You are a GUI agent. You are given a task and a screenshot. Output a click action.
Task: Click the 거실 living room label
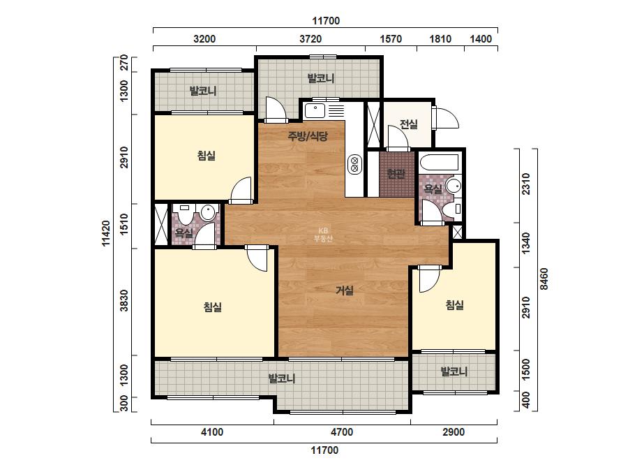click(x=345, y=290)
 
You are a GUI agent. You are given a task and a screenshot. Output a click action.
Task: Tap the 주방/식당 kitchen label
click(x=308, y=136)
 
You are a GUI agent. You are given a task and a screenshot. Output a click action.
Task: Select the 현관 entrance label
click(x=396, y=173)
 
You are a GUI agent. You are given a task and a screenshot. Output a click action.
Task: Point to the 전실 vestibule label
click(x=409, y=124)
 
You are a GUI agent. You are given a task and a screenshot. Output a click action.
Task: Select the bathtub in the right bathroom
click(x=440, y=163)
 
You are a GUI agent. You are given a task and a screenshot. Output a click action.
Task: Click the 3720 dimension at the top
click(x=310, y=39)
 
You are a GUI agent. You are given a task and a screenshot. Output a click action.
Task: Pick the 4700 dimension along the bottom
click(x=342, y=432)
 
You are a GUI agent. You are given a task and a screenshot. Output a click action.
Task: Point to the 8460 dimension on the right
click(x=544, y=279)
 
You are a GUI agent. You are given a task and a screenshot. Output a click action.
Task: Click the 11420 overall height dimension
click(x=106, y=233)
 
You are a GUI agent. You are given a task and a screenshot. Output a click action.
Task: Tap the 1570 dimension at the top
click(x=391, y=39)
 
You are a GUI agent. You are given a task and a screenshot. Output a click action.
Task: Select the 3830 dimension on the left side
click(x=124, y=300)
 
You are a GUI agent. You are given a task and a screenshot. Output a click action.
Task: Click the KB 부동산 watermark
click(x=323, y=235)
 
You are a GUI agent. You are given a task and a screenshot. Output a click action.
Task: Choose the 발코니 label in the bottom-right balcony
click(x=454, y=371)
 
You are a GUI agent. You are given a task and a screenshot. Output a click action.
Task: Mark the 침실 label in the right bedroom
click(x=455, y=305)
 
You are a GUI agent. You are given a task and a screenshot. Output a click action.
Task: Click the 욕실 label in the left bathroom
click(x=184, y=233)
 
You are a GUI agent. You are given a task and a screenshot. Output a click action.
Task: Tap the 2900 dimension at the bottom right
click(x=454, y=432)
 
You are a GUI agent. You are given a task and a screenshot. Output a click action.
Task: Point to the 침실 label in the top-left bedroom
click(x=207, y=156)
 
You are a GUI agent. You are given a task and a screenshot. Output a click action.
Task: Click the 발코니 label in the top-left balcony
click(x=202, y=91)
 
